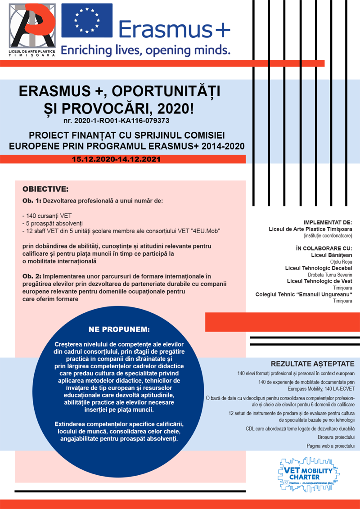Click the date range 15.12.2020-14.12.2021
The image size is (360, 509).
click(117, 159)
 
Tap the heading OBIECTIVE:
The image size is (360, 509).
click(45, 189)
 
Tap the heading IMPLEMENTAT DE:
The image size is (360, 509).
click(328, 222)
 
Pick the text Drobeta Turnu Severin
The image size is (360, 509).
click(330, 275)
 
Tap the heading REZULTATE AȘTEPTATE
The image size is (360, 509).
click(312, 364)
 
